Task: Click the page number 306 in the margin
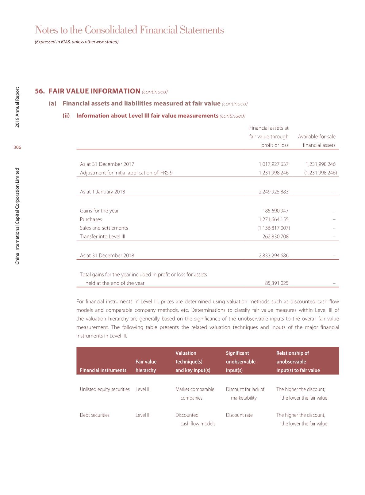(x=17, y=147)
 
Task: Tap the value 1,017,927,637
(x=274, y=164)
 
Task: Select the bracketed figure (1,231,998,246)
(x=321, y=173)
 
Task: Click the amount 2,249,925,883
(x=274, y=192)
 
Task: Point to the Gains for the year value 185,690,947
(x=275, y=211)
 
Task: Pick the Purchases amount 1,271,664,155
(x=274, y=219)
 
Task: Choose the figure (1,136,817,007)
(x=274, y=228)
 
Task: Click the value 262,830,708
(x=275, y=237)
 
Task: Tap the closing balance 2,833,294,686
(x=274, y=256)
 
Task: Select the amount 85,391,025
(x=277, y=283)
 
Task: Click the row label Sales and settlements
(x=104, y=228)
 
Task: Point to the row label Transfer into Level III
(x=102, y=237)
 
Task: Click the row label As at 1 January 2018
(x=102, y=192)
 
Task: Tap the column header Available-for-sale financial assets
(x=317, y=141)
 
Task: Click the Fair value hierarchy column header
(x=146, y=366)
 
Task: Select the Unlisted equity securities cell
(x=105, y=390)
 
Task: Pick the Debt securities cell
(x=94, y=415)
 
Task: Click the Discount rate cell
(x=239, y=415)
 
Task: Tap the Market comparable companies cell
(x=195, y=394)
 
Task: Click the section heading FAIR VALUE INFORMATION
(x=94, y=91)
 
